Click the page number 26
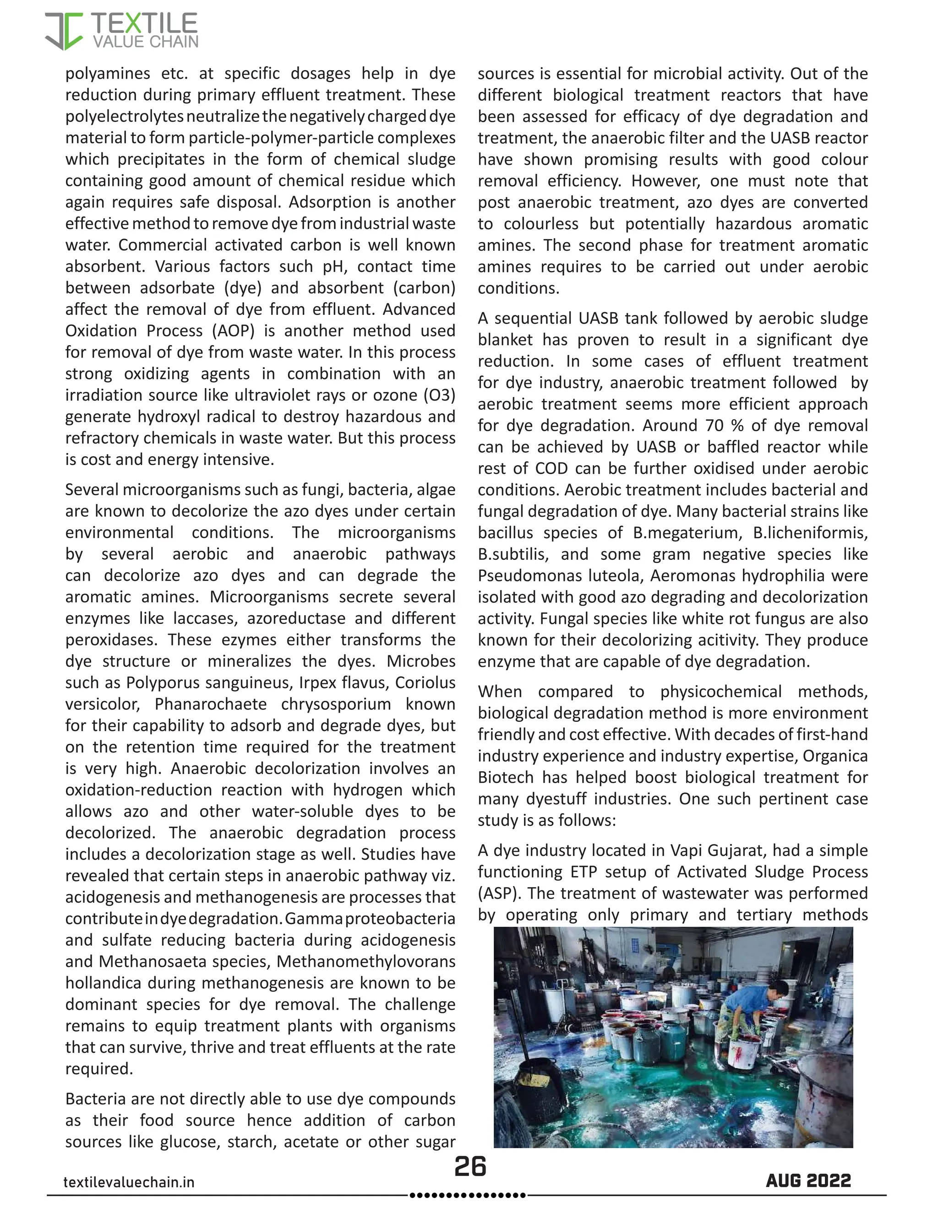(x=470, y=1167)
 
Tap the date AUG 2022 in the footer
(x=808, y=1181)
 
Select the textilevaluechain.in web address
(x=129, y=1182)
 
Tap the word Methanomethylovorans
(x=365, y=961)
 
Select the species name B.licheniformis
(x=810, y=533)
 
